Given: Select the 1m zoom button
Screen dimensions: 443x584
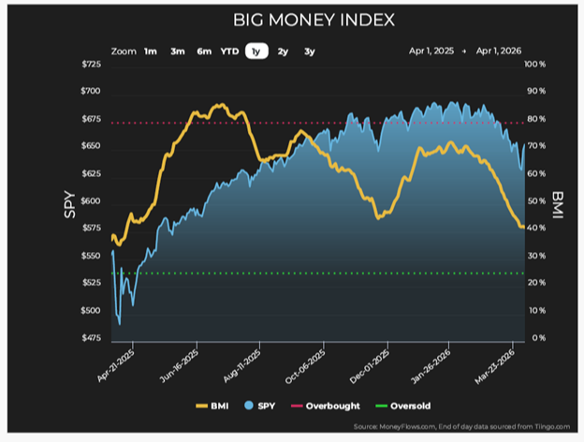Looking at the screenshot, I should click(x=150, y=52).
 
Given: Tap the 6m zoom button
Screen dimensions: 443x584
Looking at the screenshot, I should click(x=203, y=52).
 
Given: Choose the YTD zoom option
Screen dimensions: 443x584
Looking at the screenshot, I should click(x=229, y=52).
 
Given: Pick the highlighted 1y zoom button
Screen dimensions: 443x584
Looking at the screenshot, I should click(x=255, y=52).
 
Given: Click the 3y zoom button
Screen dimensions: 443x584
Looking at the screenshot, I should click(x=309, y=52).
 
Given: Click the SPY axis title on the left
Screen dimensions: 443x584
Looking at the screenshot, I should click(x=68, y=202).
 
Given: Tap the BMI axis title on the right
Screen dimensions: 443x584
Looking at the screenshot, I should click(x=558, y=202).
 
